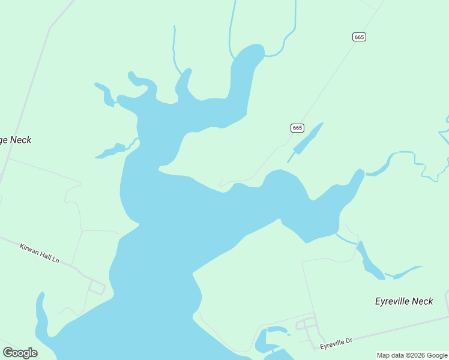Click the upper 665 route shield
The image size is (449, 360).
[x=359, y=37]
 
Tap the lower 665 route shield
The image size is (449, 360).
[x=297, y=128]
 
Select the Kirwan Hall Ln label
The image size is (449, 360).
[x=40, y=253]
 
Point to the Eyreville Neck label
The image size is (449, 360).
[x=403, y=301]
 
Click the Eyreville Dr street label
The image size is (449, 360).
[x=336, y=343]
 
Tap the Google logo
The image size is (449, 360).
[x=20, y=353]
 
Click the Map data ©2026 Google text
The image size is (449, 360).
[x=412, y=355]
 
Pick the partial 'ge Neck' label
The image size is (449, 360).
[x=15, y=140]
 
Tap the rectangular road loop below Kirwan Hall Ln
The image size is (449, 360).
[x=96, y=287]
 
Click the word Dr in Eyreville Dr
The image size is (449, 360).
[x=348, y=340]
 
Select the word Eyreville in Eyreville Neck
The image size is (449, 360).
[x=392, y=301]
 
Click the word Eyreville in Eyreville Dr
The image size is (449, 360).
[x=331, y=344]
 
